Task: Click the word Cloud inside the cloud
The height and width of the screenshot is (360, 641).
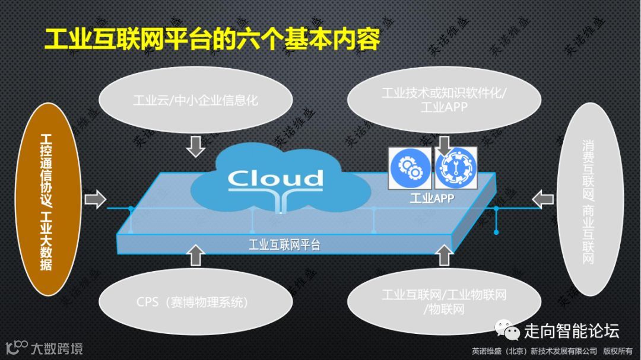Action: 276,178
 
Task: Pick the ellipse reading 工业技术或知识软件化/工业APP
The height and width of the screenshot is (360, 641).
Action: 443,100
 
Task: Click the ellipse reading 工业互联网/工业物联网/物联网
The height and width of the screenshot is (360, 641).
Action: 444,301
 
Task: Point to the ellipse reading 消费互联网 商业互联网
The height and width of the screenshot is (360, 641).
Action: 588,199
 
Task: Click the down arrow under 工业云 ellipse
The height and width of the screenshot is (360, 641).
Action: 195,146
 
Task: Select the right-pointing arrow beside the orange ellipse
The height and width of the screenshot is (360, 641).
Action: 94,199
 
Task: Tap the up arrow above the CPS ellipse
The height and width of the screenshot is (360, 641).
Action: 195,254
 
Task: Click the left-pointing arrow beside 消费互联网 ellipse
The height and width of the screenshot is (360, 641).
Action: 542,199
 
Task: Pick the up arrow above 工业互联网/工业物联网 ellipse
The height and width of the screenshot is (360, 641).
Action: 444,254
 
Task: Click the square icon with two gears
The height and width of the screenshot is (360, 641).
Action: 410,168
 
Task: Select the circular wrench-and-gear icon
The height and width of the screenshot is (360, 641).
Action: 456,168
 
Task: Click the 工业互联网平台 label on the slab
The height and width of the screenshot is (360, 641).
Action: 284,244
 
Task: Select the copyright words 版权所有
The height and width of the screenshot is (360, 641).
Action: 618,351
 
